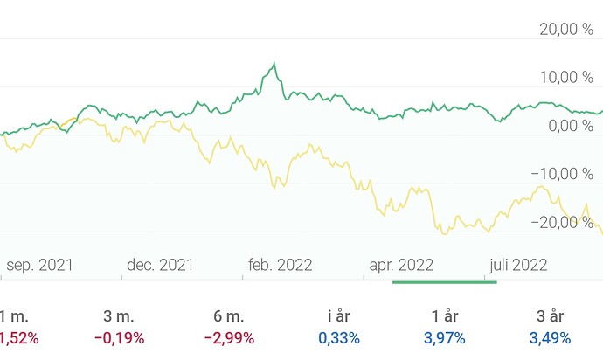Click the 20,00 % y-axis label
[x=566, y=30]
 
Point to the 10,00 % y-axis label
[x=566, y=78]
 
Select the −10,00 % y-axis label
[x=563, y=174]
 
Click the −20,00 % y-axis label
[x=563, y=222]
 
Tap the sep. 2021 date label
[x=40, y=265]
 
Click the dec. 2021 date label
[x=160, y=265]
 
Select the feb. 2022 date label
[x=280, y=265]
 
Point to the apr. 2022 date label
[x=400, y=265]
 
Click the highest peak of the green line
[x=274, y=64]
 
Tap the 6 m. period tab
[x=229, y=316]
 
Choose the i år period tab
[x=337, y=316]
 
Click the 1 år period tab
[x=445, y=316]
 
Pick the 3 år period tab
[x=551, y=316]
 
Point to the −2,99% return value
[x=229, y=338]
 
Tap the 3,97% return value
[x=445, y=338]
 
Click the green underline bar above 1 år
[x=445, y=282]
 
